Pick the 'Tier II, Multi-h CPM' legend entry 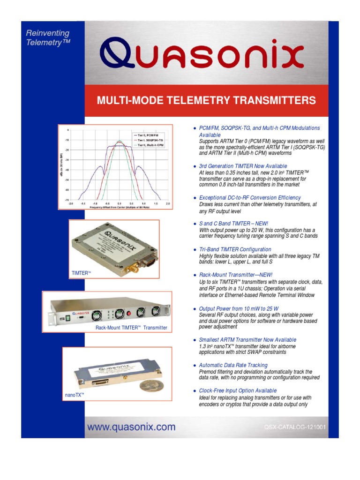tap(151, 145)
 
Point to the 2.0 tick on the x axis tap(167, 204)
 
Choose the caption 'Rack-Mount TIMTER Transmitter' tap(131, 328)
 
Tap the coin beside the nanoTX tap(150, 385)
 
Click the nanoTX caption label tap(74, 395)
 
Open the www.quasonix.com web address tap(130, 427)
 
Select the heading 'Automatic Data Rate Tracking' tap(233, 365)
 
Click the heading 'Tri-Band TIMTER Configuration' tap(235, 249)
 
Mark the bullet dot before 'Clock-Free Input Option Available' tap(195, 390)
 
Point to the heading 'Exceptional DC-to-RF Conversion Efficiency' tap(250, 198)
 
